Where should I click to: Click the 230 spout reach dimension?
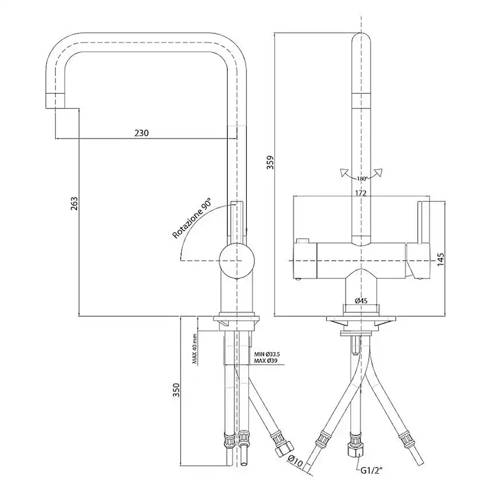click(142, 133)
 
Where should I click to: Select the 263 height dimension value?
click(74, 203)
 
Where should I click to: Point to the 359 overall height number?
click(270, 162)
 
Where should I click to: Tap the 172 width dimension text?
click(361, 193)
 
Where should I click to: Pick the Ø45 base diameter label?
click(361, 301)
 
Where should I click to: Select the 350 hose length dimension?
click(177, 390)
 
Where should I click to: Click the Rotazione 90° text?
click(192, 218)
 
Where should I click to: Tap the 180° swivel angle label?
click(362, 179)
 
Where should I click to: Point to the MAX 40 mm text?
click(195, 349)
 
